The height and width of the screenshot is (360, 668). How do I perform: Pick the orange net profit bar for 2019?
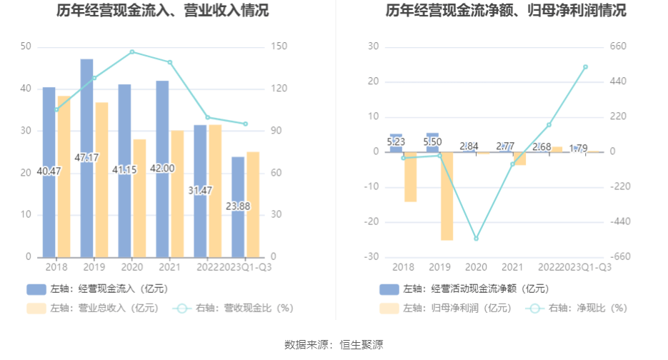[447, 196]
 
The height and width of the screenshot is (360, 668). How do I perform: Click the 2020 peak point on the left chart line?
[132, 52]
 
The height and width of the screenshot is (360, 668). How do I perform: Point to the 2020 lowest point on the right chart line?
[477, 239]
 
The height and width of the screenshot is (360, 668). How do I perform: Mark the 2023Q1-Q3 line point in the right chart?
[585, 67]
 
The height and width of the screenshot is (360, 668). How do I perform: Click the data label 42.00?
[162, 169]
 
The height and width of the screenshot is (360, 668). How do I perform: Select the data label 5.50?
[434, 142]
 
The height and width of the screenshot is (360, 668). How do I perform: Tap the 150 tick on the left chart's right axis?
[279, 47]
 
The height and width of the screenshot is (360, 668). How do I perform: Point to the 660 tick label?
[617, 47]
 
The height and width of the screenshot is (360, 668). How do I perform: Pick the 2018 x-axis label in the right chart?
[404, 267]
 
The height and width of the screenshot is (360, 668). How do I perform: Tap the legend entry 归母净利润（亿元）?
[457, 309]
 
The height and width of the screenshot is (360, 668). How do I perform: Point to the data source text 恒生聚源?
[362, 344]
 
